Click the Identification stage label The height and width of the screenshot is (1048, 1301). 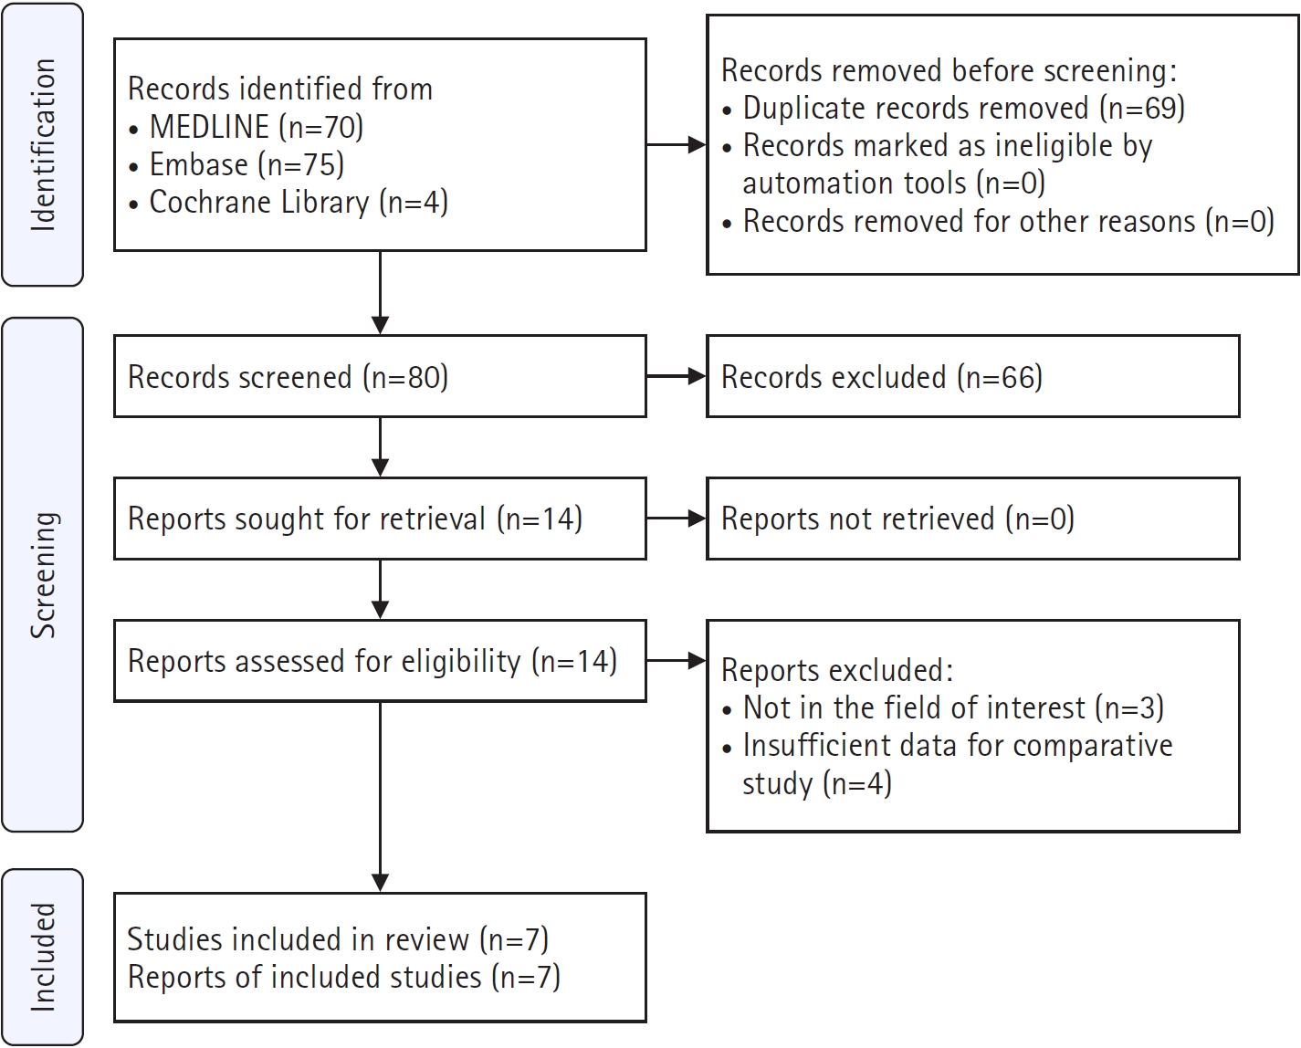pos(43,145)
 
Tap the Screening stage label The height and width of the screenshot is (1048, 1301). pos(43,575)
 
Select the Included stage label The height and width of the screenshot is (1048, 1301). pos(43,958)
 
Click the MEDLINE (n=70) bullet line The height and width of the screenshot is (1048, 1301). pos(247,128)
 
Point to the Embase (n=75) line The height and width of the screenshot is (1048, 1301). pos(236,165)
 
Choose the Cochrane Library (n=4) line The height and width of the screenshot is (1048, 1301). pos(289,203)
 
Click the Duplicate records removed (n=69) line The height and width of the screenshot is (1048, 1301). pos(953,109)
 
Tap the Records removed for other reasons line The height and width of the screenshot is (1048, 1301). pos(998,222)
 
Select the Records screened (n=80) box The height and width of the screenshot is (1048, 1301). pos(381,376)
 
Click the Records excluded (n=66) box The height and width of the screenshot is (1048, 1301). pos(973,376)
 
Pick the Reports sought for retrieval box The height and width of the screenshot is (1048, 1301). pos(381,519)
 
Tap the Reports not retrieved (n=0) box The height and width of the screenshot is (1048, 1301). pos(973,519)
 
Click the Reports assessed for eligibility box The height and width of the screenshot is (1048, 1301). pos(381,660)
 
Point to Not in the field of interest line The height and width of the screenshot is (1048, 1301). pos(943,708)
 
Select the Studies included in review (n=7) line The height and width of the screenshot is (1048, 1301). pos(338,939)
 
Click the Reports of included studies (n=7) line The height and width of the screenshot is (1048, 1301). pos(344,977)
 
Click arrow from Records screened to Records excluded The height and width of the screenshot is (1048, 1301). pos(677,376)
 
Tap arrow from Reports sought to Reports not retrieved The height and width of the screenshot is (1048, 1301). pos(677,519)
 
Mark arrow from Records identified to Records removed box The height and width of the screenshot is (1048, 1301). pos(677,144)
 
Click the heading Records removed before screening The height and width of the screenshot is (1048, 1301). pos(950,71)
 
